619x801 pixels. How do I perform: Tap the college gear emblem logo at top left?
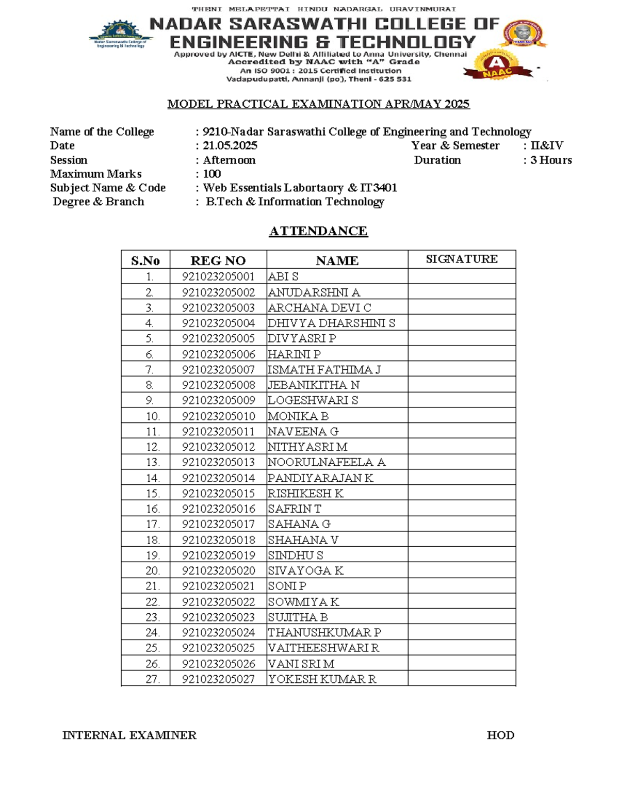(x=121, y=35)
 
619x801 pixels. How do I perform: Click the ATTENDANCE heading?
(x=318, y=231)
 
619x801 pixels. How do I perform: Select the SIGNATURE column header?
(x=461, y=259)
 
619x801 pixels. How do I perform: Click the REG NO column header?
(x=218, y=260)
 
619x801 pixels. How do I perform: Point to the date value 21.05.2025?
(x=230, y=146)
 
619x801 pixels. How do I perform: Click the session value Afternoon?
(x=229, y=160)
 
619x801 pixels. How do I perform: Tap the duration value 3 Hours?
(x=551, y=160)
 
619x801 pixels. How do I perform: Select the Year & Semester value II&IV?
(x=546, y=146)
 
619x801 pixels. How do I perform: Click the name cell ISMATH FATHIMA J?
(x=324, y=369)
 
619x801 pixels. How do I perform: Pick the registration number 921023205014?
(x=218, y=478)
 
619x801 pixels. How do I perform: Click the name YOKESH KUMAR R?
(x=322, y=679)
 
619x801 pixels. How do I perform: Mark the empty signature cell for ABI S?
(x=461, y=276)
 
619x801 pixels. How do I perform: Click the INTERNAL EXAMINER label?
(x=129, y=735)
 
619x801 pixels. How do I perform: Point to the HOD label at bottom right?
(x=500, y=735)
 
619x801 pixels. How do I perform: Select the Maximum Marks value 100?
(x=211, y=174)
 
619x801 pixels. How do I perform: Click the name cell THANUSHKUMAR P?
(x=324, y=632)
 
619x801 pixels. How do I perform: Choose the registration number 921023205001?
(x=218, y=276)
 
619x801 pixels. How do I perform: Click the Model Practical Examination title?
(x=318, y=104)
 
